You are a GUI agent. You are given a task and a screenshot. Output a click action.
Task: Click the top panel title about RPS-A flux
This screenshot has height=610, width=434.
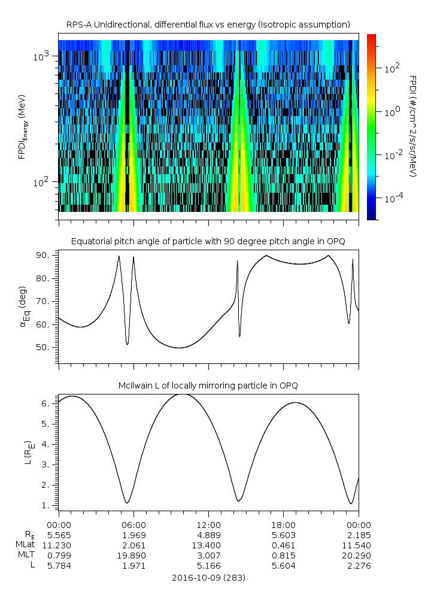pos(208,24)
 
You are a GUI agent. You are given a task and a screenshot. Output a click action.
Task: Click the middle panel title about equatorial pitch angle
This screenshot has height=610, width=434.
pos(208,241)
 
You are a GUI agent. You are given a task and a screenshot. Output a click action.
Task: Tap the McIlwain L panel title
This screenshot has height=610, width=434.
pos(208,385)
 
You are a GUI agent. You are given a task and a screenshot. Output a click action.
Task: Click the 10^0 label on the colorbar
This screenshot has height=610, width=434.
pos(393,112)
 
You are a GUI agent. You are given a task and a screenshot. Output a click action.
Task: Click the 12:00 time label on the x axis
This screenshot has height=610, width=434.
pos(208,524)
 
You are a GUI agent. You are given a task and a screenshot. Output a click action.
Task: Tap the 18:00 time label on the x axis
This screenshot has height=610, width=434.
pos(283,524)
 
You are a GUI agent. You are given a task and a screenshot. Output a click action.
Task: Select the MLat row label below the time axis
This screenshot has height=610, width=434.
pos(26,545)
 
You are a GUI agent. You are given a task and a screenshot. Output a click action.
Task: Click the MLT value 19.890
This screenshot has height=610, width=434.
pos(134,556)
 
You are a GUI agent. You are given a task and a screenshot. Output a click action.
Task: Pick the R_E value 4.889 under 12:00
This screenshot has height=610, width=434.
pos(209,535)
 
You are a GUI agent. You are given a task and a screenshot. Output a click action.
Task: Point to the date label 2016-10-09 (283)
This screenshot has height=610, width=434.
pos(208,578)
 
